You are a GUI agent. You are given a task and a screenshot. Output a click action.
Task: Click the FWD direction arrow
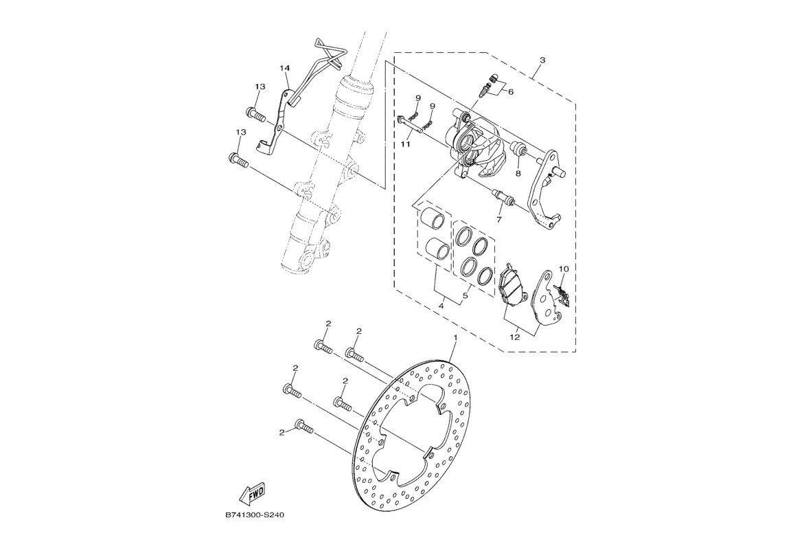(252, 493)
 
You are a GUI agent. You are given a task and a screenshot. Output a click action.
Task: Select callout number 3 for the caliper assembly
(542, 60)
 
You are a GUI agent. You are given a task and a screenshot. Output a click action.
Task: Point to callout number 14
(285, 68)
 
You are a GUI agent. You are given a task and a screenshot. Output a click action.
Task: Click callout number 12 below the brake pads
(515, 338)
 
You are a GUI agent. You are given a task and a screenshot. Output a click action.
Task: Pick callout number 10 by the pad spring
(564, 269)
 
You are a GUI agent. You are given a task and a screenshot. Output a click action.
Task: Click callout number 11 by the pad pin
(406, 145)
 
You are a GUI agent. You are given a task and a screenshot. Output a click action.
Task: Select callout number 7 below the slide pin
(499, 220)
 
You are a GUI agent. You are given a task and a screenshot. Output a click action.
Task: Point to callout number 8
(518, 174)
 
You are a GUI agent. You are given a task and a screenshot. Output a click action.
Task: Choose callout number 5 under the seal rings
(465, 296)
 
